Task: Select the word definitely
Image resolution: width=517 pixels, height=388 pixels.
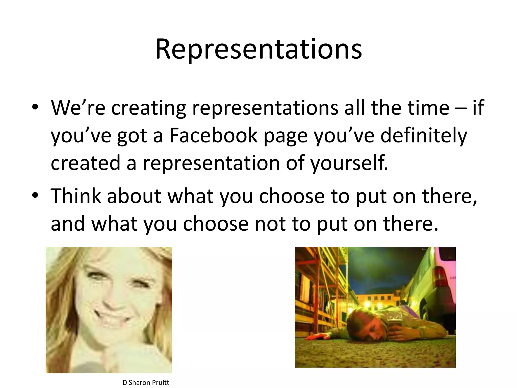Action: (424, 136)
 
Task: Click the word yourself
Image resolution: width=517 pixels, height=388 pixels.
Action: (349, 163)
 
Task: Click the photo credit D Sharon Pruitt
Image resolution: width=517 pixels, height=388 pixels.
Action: (146, 382)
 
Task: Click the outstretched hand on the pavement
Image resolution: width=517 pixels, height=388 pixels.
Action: (316, 337)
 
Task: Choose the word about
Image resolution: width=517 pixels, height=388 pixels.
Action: (134, 196)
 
